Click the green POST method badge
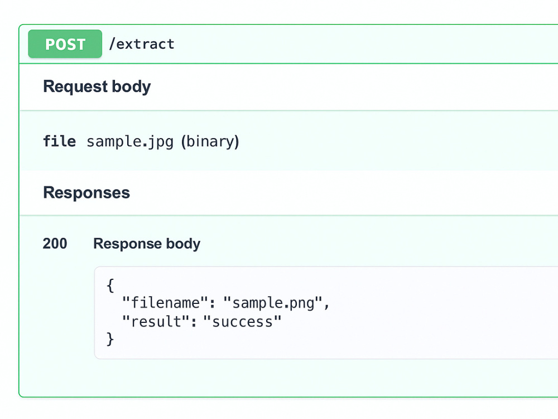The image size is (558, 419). click(x=65, y=44)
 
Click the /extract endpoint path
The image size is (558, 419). click(x=142, y=44)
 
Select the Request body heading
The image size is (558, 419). click(x=97, y=87)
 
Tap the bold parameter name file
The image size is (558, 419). click(x=60, y=141)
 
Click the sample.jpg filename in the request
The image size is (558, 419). click(x=130, y=142)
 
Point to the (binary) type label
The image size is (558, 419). click(x=210, y=141)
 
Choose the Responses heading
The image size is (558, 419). click(x=86, y=192)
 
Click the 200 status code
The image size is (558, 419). click(x=55, y=244)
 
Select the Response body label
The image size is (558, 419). click(x=147, y=244)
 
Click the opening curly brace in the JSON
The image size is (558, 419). click(x=110, y=285)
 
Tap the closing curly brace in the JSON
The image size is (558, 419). click(x=110, y=339)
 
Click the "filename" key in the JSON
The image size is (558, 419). click(x=165, y=303)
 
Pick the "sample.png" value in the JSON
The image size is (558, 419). click(x=273, y=303)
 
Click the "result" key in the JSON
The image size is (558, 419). click(x=155, y=321)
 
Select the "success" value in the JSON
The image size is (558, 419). click(x=242, y=321)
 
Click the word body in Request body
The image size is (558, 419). click(x=131, y=87)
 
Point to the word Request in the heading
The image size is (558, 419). click(x=75, y=87)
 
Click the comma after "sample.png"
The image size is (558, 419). click(x=327, y=306)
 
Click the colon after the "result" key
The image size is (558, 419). click(x=194, y=323)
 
